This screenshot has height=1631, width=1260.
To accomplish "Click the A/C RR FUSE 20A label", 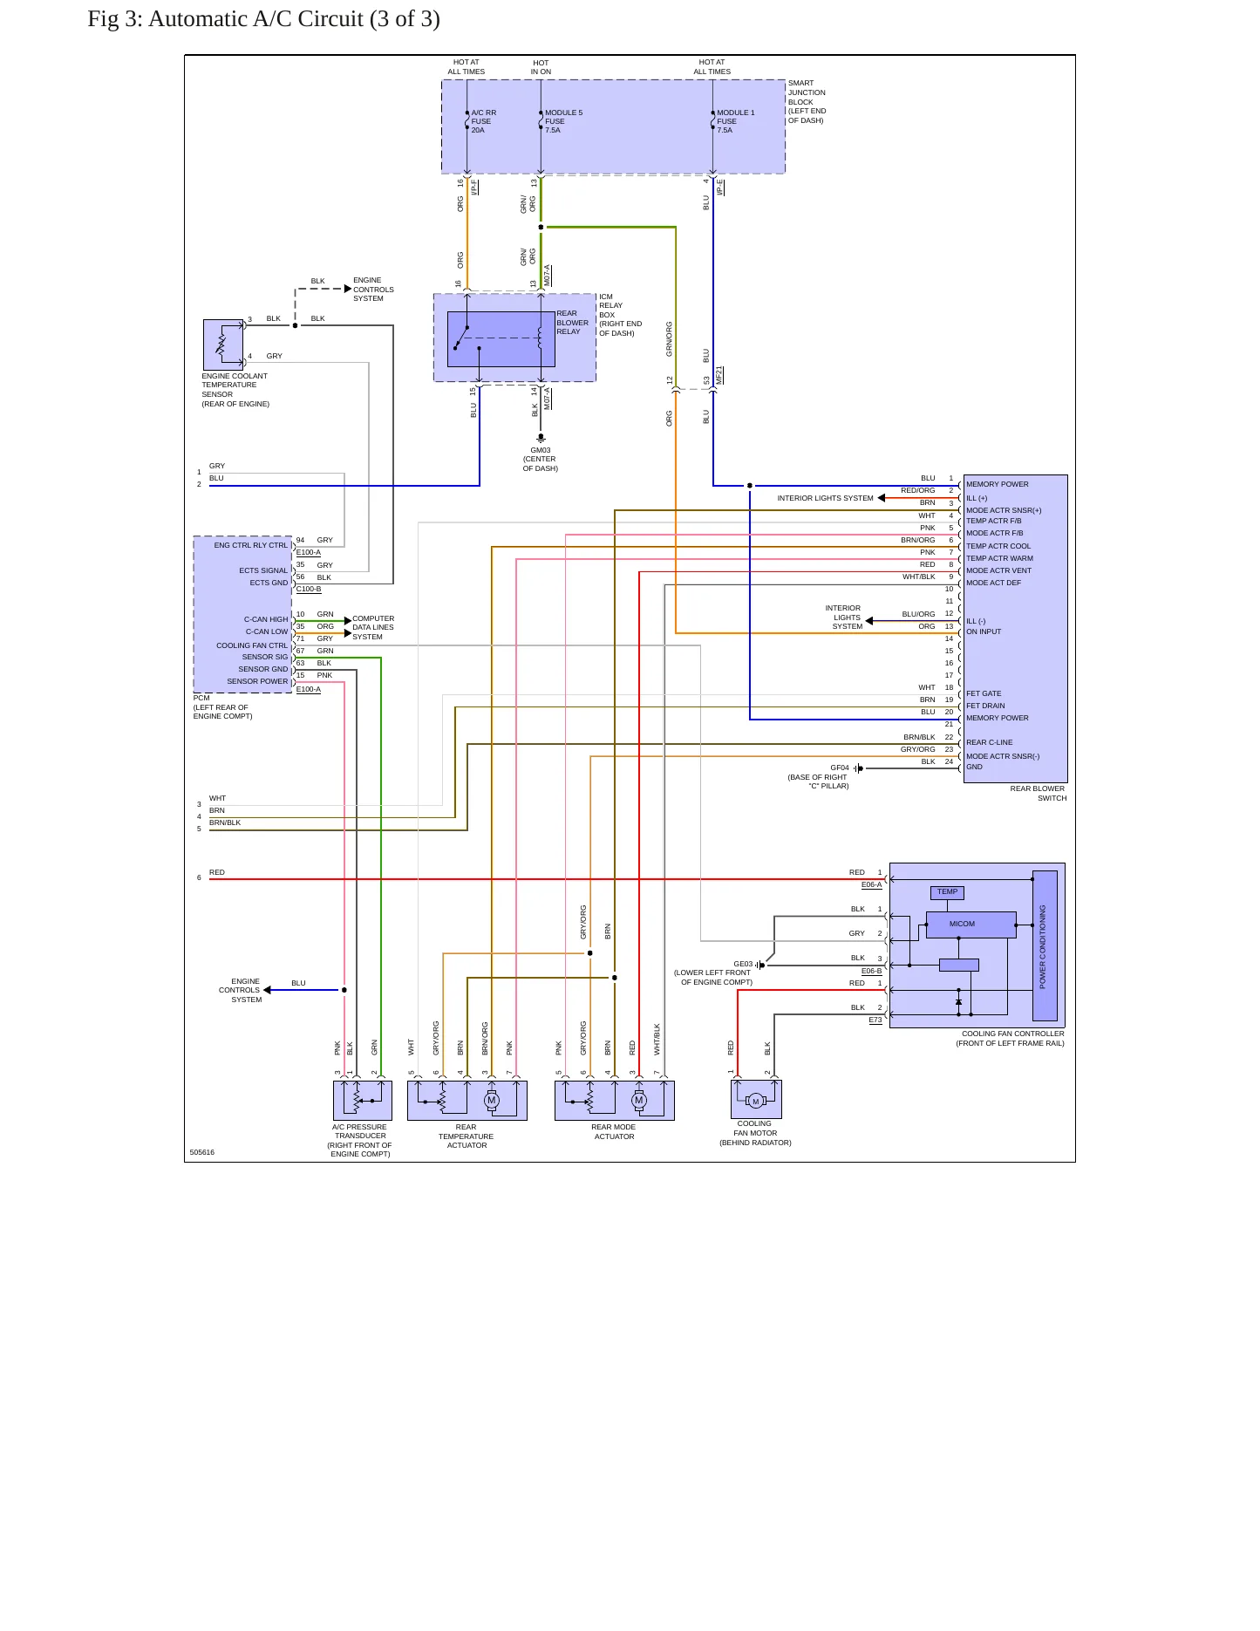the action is click(x=483, y=121).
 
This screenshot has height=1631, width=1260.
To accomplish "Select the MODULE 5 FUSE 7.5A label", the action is click(x=563, y=121).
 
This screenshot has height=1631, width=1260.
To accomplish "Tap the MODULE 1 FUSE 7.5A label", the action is click(x=736, y=121).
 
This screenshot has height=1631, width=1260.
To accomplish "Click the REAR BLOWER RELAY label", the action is click(x=572, y=323).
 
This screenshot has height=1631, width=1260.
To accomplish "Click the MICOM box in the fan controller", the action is click(x=971, y=925).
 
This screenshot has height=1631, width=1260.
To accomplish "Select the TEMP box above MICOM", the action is click(x=947, y=892).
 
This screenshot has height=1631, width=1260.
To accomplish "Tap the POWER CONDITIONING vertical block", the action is click(x=1045, y=945).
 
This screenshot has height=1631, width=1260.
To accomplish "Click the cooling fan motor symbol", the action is click(x=756, y=1101).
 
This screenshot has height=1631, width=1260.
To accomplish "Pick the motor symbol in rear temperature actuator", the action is click(x=492, y=1100).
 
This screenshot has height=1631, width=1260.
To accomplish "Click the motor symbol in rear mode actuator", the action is click(x=639, y=1100).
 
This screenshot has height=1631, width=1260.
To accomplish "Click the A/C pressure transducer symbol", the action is click(x=363, y=1101).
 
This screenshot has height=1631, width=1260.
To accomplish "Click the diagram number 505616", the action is click(x=201, y=1152).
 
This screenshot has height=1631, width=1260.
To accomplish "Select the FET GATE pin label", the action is click(x=984, y=693).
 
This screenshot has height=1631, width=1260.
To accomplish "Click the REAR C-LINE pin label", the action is click(x=990, y=742).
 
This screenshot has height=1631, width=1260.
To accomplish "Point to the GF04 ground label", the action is click(x=840, y=768).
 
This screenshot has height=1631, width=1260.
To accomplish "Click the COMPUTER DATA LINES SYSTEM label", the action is click(x=373, y=627).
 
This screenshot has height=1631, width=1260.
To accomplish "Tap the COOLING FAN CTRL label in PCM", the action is click(x=252, y=645).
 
